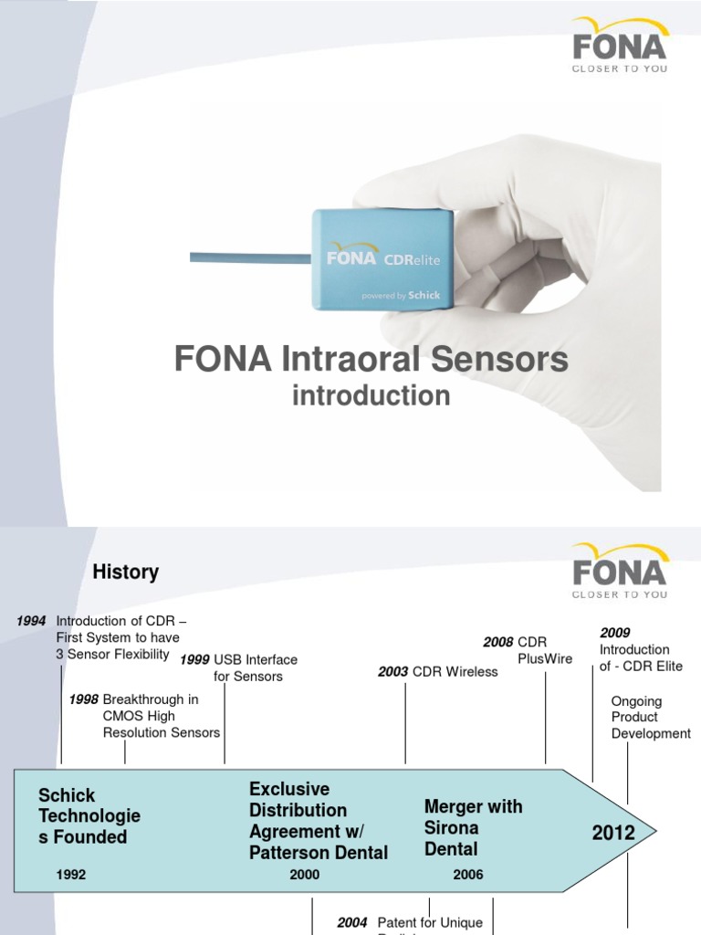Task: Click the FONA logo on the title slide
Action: [x=619, y=46]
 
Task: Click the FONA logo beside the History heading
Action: [x=619, y=572]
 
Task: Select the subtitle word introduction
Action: [x=371, y=395]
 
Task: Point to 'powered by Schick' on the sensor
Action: [x=401, y=296]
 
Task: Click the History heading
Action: [x=126, y=573]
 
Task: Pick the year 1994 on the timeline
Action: [x=32, y=621]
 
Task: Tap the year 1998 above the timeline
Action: [x=84, y=699]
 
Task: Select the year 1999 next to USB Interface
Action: [x=194, y=660]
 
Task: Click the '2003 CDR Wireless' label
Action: [x=438, y=672]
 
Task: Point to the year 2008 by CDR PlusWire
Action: [x=498, y=643]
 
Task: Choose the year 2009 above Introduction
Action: [x=615, y=633]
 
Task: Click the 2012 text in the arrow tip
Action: [x=613, y=833]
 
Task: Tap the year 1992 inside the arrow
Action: [x=71, y=875]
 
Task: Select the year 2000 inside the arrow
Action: [x=305, y=875]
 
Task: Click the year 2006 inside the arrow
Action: [x=468, y=875]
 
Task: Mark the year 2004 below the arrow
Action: [x=352, y=923]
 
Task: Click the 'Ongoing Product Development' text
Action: [x=651, y=718]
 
